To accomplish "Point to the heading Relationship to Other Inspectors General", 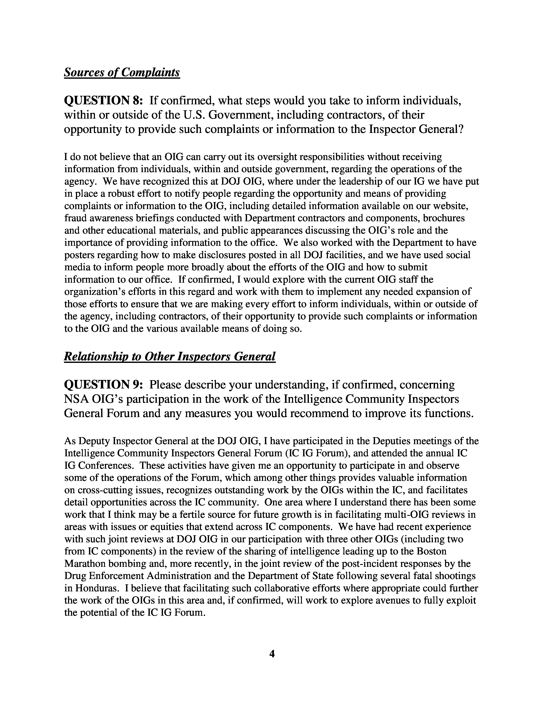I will click(x=170, y=356).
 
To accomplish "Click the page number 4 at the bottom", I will click(x=272, y=654).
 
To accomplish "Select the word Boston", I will click(x=431, y=551).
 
